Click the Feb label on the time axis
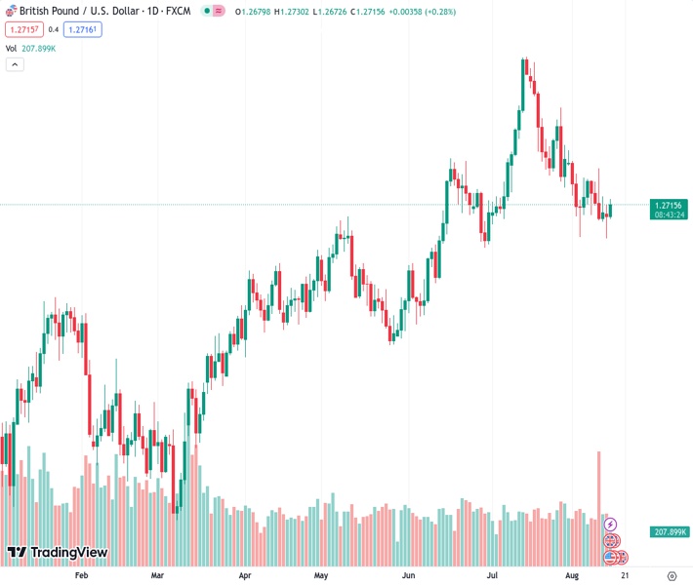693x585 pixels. (81, 576)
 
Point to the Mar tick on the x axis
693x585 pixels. (157, 576)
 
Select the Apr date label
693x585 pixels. (244, 576)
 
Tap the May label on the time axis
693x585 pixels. (321, 576)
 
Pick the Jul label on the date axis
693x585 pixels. (494, 576)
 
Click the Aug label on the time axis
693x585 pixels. (572, 576)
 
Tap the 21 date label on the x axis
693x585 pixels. (624, 576)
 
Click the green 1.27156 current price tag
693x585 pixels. (670, 205)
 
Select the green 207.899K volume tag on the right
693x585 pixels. (670, 531)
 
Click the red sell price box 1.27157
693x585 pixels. (22, 29)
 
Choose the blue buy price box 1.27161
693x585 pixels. (83, 29)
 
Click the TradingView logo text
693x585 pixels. (68, 553)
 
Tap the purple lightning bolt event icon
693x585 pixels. (611, 525)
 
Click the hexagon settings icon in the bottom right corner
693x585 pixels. (672, 576)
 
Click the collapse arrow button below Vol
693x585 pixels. (14, 64)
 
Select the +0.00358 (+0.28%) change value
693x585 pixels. (422, 12)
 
